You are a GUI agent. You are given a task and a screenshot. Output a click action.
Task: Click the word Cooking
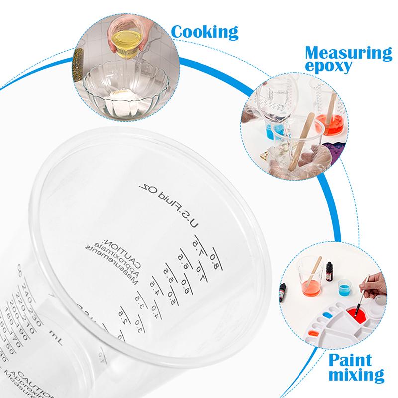[204, 32]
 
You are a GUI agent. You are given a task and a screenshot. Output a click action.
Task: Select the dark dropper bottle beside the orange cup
[329, 272]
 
